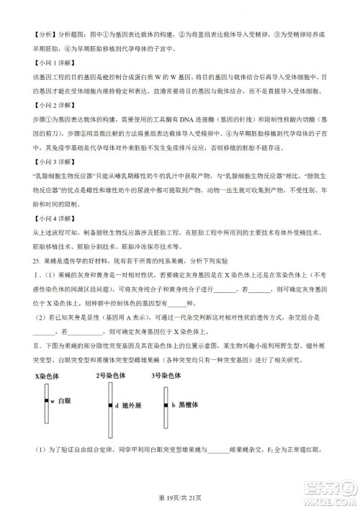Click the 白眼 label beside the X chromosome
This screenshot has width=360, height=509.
point(65,400)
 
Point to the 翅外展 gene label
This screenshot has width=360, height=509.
point(129,407)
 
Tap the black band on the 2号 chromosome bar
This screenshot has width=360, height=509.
point(109,407)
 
